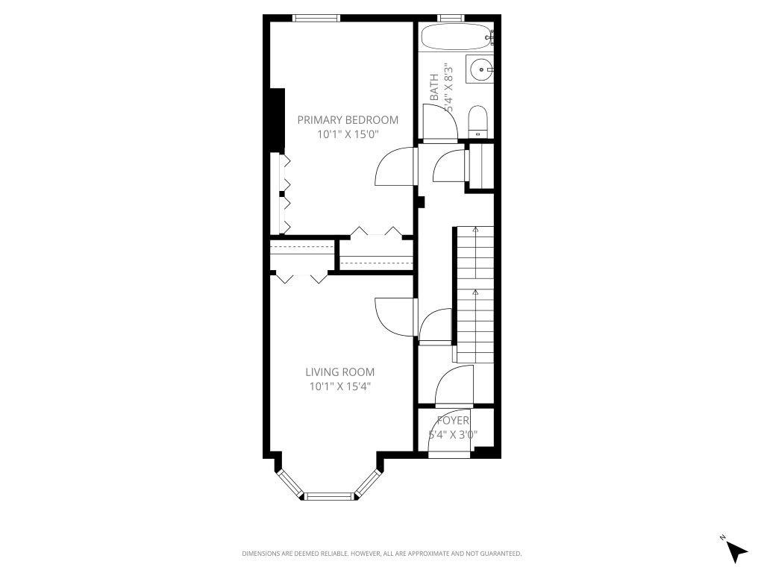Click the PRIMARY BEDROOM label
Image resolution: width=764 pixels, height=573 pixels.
point(348,119)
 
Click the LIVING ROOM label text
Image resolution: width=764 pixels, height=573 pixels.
point(339,372)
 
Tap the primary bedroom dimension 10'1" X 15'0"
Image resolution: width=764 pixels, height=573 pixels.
point(348,134)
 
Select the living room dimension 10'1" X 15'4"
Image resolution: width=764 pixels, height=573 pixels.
point(339,386)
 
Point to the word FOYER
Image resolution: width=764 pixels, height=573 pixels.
point(453,421)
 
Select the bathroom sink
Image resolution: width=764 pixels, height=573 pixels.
point(480,70)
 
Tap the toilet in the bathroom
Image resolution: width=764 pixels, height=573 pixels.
point(477,121)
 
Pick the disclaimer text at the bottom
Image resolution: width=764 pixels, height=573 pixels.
point(381,554)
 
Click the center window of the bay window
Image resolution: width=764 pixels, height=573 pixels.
point(328,495)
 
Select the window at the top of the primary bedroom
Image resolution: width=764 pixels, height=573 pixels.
point(316,19)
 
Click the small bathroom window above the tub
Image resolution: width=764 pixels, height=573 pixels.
point(450,18)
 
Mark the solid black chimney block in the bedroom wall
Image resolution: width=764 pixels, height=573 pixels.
point(277,119)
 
